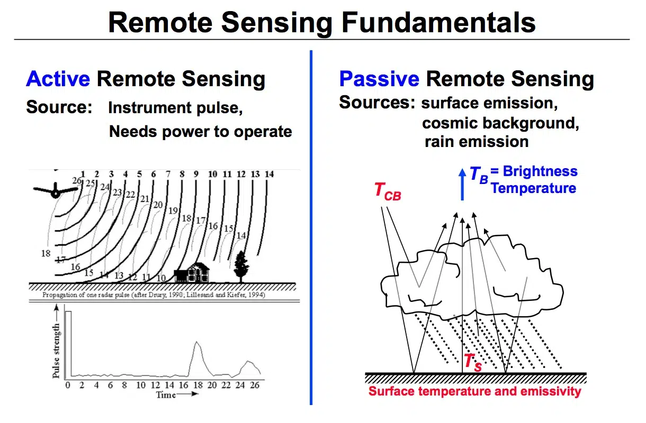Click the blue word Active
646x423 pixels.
tap(58, 79)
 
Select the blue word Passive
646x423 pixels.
tap(379, 79)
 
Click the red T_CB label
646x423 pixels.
tap(387, 191)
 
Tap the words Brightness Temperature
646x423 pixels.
tap(533, 180)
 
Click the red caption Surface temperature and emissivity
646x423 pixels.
tap(474, 392)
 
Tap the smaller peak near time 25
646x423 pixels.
tap(248, 363)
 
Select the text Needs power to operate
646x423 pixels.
tap(200, 131)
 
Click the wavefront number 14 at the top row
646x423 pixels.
tap(268, 174)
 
